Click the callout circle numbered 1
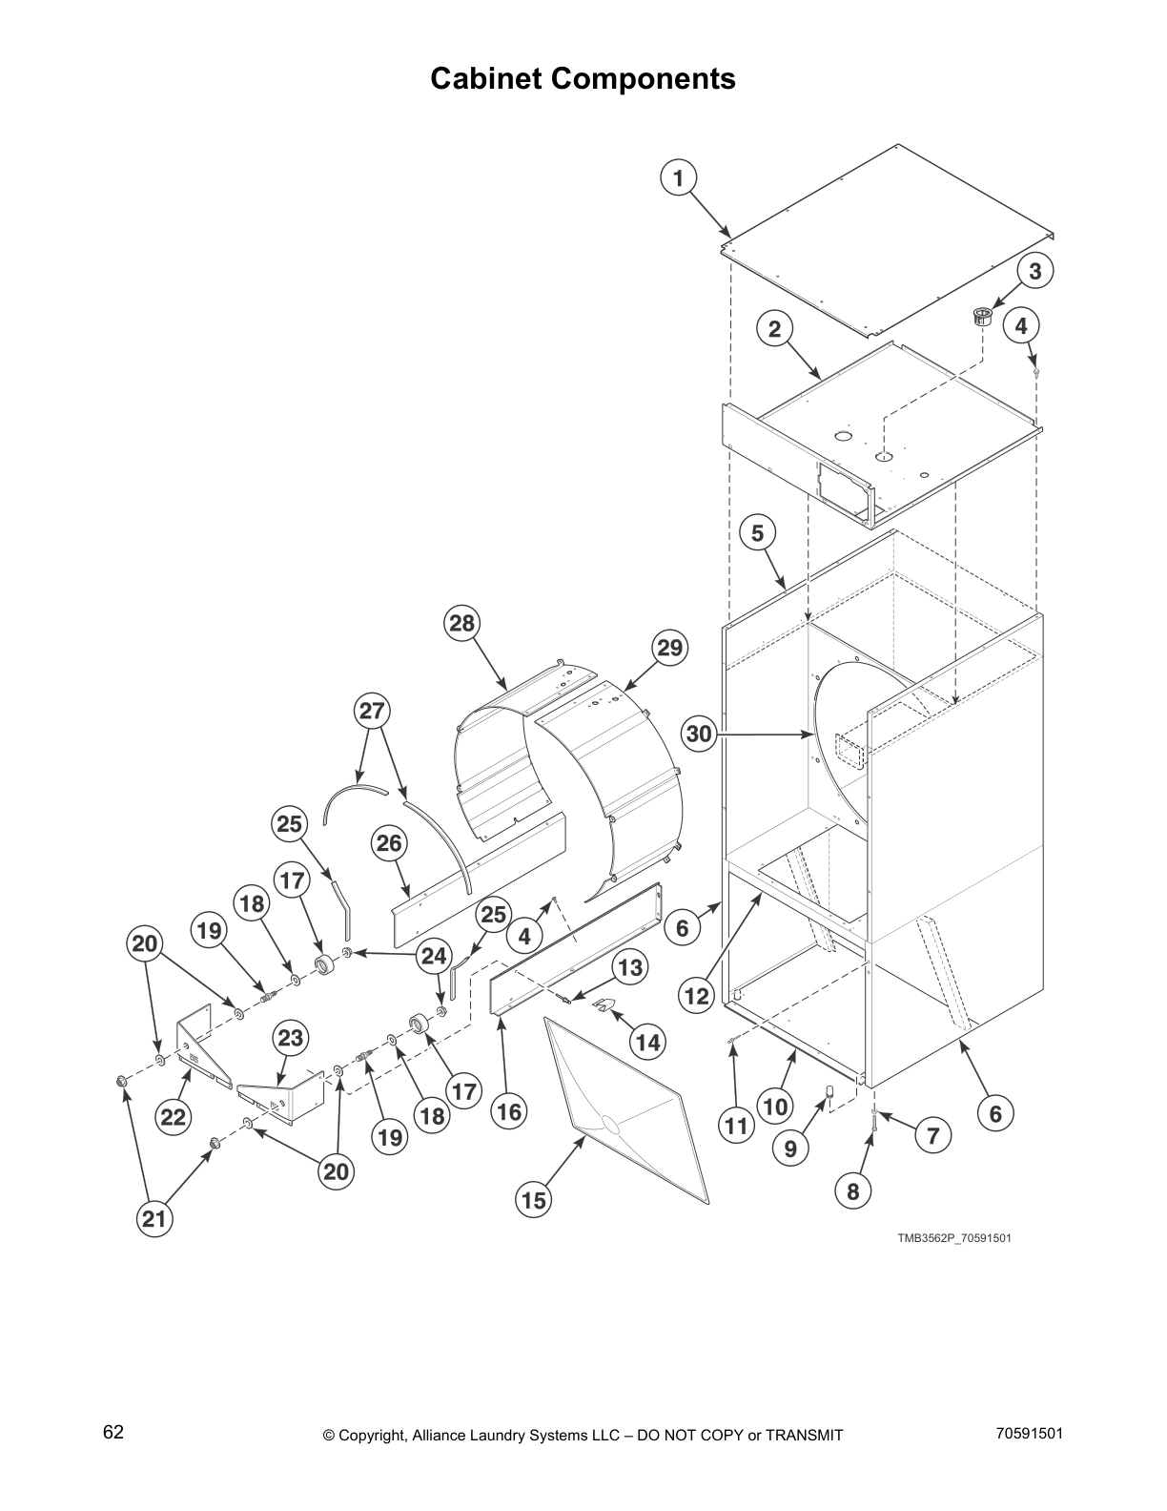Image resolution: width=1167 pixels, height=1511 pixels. click(678, 178)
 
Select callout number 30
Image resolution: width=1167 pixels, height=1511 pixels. click(700, 734)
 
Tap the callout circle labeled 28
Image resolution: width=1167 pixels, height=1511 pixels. click(461, 624)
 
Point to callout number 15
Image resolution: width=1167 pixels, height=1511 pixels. click(534, 1200)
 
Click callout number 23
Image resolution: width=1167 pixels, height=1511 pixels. click(290, 1038)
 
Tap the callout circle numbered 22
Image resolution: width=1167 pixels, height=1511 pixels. click(174, 1116)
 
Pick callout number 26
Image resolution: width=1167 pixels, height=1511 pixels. click(388, 843)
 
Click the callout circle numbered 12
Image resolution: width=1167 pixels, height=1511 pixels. click(697, 996)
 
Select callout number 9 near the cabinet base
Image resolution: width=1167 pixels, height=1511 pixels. click(790, 1149)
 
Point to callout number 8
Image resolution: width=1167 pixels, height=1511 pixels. click(852, 1190)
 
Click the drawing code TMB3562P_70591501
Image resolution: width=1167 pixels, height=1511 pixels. click(952, 1238)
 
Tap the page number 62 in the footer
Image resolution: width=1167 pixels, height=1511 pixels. click(113, 1432)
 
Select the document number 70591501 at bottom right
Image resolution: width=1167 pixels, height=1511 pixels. click(1029, 1433)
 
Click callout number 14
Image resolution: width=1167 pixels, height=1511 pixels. click(647, 1043)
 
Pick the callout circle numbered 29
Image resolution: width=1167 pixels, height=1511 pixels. click(669, 648)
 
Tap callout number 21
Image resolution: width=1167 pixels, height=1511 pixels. click(154, 1219)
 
